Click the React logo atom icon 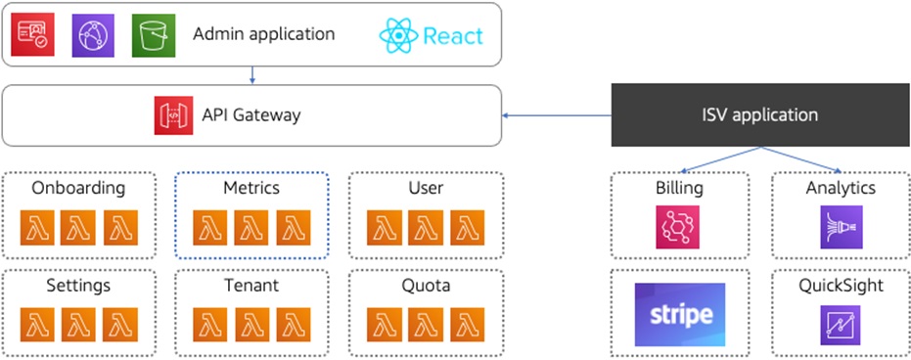(x=398, y=36)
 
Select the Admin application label (x=263, y=34)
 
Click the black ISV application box (x=760, y=114)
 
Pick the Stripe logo (x=680, y=314)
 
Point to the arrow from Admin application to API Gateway (x=252, y=75)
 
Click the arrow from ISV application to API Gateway (x=558, y=115)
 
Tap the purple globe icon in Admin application (x=94, y=34)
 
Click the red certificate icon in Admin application (x=32, y=34)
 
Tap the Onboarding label (x=78, y=188)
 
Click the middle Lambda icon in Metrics (x=251, y=228)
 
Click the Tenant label (x=251, y=286)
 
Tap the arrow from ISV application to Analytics (x=802, y=159)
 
